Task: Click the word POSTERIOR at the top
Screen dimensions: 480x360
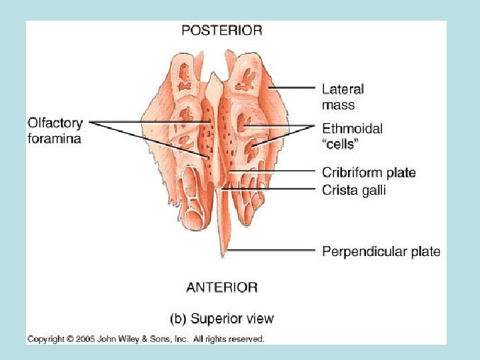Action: pyautogui.click(x=222, y=30)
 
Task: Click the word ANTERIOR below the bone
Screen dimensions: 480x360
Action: pyautogui.click(x=222, y=287)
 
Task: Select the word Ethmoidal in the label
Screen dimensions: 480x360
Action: pyautogui.click(x=352, y=129)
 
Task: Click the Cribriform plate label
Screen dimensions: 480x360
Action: pyautogui.click(x=369, y=173)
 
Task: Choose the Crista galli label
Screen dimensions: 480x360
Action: pyautogui.click(x=353, y=190)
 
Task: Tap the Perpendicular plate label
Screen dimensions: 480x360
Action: pyautogui.click(x=381, y=251)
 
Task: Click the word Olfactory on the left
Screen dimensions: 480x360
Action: pyautogui.click(x=55, y=123)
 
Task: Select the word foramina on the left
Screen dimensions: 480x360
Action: pyautogui.click(x=55, y=139)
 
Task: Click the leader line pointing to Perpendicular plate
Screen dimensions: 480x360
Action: pyautogui.click(x=273, y=251)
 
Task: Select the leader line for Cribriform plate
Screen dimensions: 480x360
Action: pyautogui.click(x=273, y=171)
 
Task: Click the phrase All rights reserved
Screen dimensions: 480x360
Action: pyautogui.click(x=229, y=339)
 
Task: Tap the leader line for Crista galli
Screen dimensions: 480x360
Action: pyautogui.click(x=273, y=189)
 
